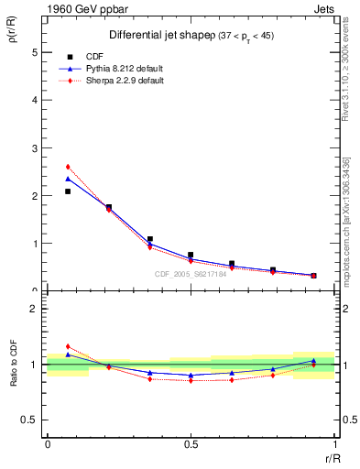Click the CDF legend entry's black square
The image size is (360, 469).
(65, 55)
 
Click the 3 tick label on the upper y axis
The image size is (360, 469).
(35, 148)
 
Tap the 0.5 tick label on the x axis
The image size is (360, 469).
(190, 444)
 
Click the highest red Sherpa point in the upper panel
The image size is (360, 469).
(68, 167)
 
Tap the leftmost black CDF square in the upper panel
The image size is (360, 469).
(68, 191)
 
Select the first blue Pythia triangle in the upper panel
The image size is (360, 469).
(68, 179)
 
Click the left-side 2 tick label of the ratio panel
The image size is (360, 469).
(35, 309)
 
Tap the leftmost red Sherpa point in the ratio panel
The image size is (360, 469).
(68, 346)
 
